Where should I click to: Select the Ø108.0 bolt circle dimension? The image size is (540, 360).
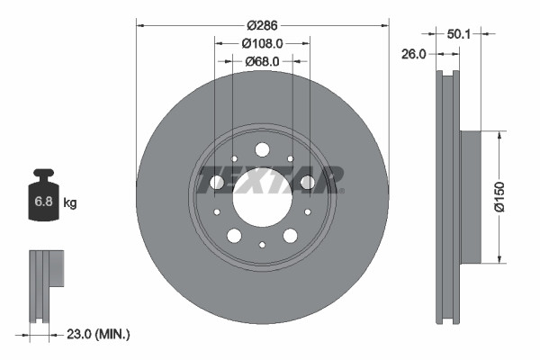(262, 43)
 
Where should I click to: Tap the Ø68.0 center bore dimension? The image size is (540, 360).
(262, 61)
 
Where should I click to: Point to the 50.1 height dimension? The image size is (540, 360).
(459, 33)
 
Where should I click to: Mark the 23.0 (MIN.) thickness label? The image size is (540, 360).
(99, 334)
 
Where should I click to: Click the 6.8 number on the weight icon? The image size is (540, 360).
(43, 202)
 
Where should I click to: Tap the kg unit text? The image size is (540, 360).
(70, 203)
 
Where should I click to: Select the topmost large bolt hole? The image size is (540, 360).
(262, 149)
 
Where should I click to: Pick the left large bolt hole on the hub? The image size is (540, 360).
(217, 183)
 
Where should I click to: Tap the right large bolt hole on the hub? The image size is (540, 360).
(307, 183)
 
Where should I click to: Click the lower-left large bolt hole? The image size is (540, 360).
(234, 236)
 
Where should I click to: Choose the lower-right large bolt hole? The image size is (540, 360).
(290, 236)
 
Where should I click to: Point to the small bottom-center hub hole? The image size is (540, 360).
(262, 244)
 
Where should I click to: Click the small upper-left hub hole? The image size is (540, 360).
(233, 159)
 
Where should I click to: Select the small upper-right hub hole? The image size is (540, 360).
(291, 159)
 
